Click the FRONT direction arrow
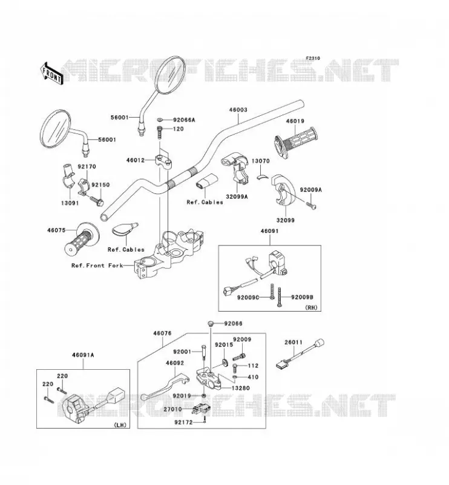click(x=51, y=73)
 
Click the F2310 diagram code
click(x=313, y=58)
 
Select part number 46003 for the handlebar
click(x=238, y=110)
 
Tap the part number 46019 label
click(x=295, y=121)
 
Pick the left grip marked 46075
click(x=82, y=238)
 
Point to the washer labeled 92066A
click(x=160, y=119)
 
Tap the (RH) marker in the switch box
click(x=311, y=308)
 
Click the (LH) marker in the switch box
click(x=120, y=425)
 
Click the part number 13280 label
click(x=241, y=388)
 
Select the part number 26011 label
click(x=293, y=343)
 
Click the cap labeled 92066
click(x=211, y=324)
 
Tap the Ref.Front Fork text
click(x=97, y=266)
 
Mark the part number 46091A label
click(x=83, y=355)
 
